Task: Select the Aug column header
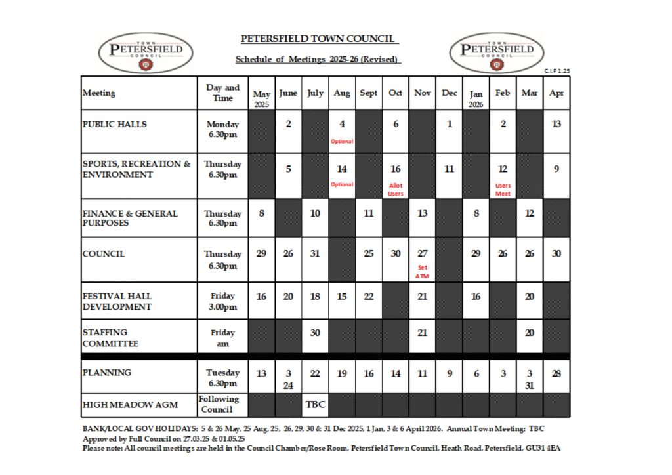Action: point(342,93)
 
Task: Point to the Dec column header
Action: point(450,93)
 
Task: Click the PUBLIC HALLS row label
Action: point(115,124)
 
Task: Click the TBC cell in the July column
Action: point(315,405)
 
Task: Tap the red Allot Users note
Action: point(396,190)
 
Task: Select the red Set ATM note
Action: point(422,272)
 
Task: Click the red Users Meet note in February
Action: point(503,190)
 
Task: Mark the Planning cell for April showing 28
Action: point(556,373)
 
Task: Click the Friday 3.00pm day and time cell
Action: point(223,300)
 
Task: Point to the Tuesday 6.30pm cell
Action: point(223,377)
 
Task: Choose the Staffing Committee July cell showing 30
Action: point(315,333)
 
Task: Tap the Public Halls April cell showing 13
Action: point(556,124)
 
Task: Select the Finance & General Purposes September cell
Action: point(369,213)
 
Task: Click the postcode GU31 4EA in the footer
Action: point(543,448)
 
